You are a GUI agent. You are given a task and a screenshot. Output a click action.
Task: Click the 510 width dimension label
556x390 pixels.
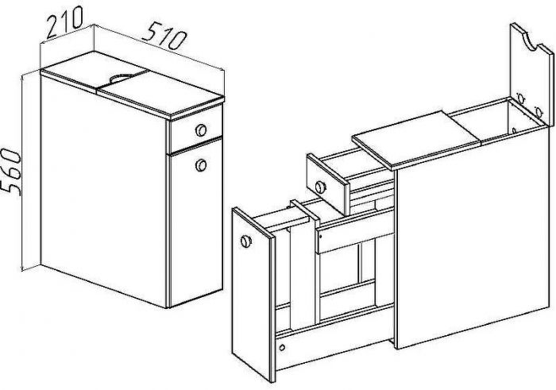164,35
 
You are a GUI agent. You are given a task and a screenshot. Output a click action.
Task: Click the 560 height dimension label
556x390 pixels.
10,172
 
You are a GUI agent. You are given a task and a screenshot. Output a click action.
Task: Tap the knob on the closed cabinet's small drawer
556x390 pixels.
201,130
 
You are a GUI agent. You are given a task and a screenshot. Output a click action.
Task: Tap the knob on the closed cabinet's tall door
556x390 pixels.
201,165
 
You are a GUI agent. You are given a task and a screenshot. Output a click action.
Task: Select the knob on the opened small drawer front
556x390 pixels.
320,187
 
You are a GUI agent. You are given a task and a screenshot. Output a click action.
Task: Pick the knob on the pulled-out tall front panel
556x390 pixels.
245,241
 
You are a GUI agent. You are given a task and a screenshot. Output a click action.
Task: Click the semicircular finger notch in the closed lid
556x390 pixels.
120,77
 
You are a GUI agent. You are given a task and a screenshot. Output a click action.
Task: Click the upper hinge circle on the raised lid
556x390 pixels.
520,98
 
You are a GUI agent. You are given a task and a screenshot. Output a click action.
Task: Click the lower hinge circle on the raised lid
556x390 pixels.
539,112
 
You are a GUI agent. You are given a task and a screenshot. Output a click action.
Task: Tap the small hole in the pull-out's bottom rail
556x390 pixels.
282,347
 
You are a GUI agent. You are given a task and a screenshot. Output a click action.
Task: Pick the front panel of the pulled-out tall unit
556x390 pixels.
253,294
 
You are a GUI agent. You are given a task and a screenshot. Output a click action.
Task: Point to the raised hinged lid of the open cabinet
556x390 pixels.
531,75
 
